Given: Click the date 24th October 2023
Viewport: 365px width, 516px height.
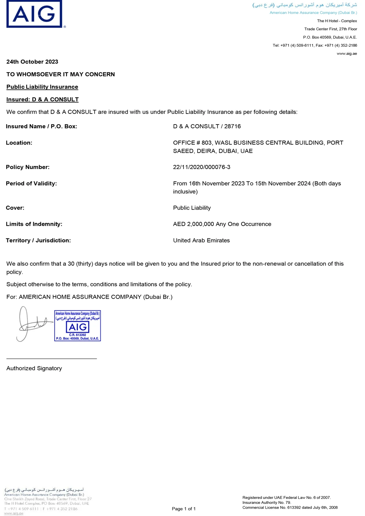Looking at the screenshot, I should pos(32,62).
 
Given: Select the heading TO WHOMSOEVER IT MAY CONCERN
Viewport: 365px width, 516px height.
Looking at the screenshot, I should pos(61,74).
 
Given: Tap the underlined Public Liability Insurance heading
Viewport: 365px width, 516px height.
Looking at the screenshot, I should pos(42,87).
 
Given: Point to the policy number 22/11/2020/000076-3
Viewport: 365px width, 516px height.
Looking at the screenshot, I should pos(201,167).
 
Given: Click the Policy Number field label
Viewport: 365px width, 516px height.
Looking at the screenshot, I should pos(28,167).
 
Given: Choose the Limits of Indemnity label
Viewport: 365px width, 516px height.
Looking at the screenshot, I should pos(34,224).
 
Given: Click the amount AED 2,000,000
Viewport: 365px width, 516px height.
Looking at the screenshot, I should pos(193,224).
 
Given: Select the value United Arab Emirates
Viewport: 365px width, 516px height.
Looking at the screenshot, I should pos(201,240).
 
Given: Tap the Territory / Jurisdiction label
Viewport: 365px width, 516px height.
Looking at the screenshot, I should pos(38,240).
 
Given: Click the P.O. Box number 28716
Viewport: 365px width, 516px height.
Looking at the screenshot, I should pos(233,126).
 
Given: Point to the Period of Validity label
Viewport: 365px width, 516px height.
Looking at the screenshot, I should pos(31,183).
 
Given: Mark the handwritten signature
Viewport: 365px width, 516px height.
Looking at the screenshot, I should pos(31,323).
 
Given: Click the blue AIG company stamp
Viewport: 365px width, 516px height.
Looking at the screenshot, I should pos(77,326).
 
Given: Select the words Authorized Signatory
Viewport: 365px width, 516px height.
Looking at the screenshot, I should pos(34,368).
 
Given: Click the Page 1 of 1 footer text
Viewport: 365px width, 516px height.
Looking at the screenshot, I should pos(184,509).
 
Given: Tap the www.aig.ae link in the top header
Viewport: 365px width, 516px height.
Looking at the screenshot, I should pos(347,54).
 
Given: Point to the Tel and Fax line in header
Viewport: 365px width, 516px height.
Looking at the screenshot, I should pos(315,45).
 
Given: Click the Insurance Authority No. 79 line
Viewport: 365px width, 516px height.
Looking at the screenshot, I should pos(267,502).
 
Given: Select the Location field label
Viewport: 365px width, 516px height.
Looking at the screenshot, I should pos(19,143).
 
